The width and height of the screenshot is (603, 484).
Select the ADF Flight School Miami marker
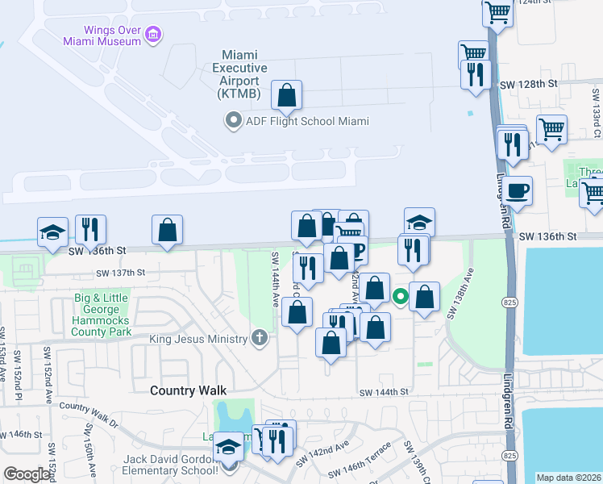point(234,121)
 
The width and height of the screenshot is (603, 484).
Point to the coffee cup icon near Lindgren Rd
point(518,190)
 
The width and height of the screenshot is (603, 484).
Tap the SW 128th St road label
point(529,84)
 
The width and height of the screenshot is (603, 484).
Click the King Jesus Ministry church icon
point(259,337)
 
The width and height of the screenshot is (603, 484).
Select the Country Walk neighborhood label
point(185,390)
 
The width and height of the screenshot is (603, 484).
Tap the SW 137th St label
point(120,273)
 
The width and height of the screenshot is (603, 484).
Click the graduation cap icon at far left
point(52,231)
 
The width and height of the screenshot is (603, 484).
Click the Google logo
point(27,474)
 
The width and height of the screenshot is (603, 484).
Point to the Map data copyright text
point(568,478)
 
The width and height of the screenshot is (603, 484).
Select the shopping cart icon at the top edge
point(498,11)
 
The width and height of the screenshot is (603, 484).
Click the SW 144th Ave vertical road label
point(275,279)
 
